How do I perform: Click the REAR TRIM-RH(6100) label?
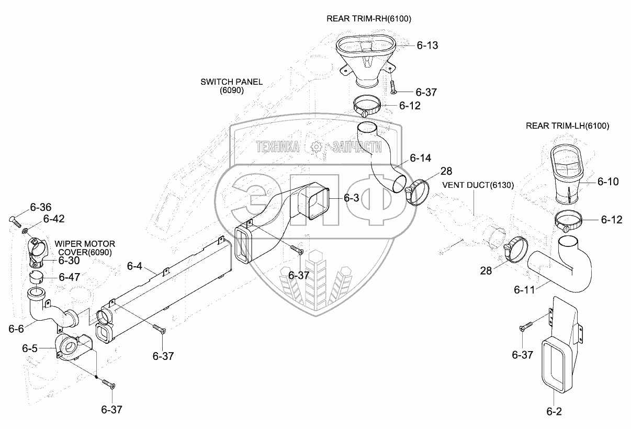click(x=368, y=19)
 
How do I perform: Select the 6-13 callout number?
click(x=427, y=46)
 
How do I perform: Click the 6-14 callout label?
click(x=421, y=157)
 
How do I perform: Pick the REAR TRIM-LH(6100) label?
click(x=568, y=126)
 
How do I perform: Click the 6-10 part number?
click(x=608, y=182)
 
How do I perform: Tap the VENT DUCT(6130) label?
click(x=478, y=185)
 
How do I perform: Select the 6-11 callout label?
click(x=524, y=289)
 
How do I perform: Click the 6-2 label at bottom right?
click(x=554, y=411)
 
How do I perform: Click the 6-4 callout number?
click(x=134, y=266)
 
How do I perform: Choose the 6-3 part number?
click(x=351, y=198)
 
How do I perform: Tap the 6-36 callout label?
click(x=40, y=207)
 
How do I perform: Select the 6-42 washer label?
click(x=53, y=219)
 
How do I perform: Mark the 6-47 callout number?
click(x=69, y=277)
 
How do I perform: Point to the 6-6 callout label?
click(x=16, y=329)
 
